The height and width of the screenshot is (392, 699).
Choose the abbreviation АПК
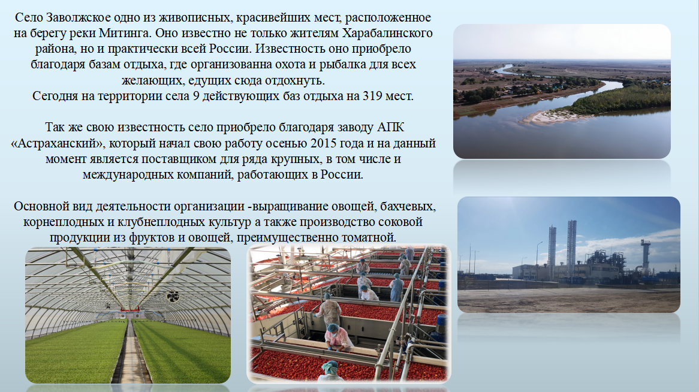(390, 127)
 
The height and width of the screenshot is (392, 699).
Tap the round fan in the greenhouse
(173, 295)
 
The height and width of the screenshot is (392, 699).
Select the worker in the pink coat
(336, 338)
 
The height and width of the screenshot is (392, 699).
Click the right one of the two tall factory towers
(571, 250)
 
